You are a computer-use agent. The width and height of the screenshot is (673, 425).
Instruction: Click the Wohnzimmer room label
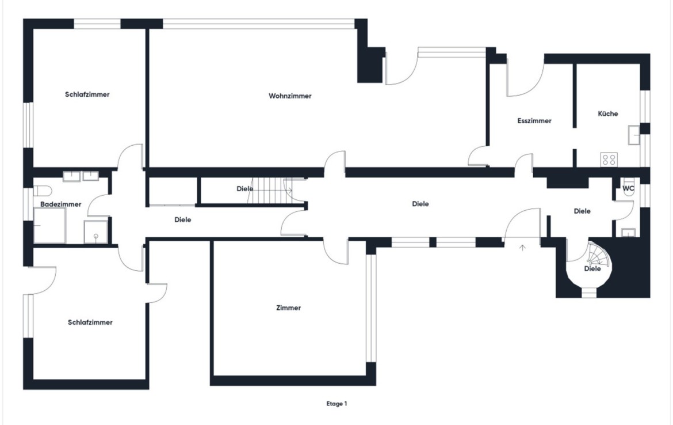click(x=290, y=96)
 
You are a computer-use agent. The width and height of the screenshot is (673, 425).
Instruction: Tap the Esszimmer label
click(x=534, y=121)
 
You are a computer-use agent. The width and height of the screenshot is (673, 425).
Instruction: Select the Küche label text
click(x=608, y=113)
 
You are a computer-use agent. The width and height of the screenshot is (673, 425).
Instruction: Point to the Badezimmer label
click(x=60, y=204)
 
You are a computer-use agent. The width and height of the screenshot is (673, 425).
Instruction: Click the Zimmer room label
click(x=288, y=308)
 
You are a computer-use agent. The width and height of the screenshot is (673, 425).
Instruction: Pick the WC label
click(x=628, y=188)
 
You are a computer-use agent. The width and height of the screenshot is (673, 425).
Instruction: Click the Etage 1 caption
click(x=336, y=404)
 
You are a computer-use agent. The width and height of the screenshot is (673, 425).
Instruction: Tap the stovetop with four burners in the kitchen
click(x=609, y=160)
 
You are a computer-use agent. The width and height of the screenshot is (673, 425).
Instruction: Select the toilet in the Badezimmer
click(x=43, y=190)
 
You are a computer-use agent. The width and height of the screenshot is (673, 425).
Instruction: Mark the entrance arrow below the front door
click(x=522, y=248)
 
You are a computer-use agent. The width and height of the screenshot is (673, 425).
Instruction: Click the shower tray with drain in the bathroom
click(x=95, y=232)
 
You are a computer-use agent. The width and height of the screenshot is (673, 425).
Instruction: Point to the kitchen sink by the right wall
click(x=634, y=135)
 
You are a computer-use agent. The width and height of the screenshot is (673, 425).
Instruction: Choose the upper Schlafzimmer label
click(x=87, y=94)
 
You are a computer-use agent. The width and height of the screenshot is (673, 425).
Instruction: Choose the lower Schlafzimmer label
click(x=90, y=322)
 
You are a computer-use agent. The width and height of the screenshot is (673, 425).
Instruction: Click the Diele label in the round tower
click(x=592, y=268)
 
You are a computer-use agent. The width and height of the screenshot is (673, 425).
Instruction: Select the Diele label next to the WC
click(x=582, y=211)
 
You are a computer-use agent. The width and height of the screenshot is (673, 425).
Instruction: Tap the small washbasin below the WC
click(x=628, y=233)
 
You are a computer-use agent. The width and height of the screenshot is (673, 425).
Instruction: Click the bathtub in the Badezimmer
click(x=49, y=226)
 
